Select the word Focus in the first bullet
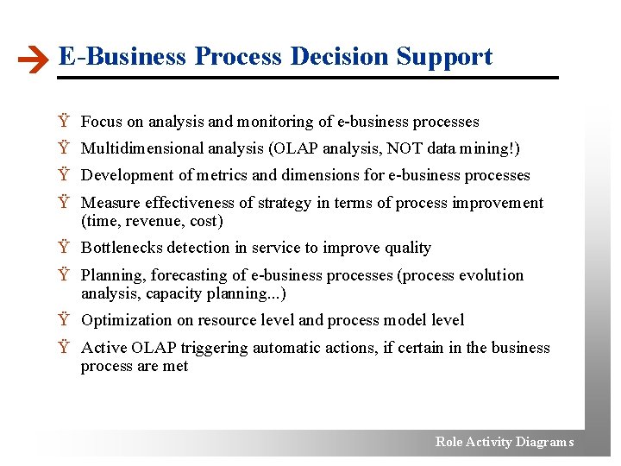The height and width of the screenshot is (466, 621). (102, 122)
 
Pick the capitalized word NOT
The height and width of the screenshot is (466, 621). (405, 148)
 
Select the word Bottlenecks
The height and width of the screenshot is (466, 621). (122, 248)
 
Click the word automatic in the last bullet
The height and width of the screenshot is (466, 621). (276, 348)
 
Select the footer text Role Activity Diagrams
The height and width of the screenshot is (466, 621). (504, 442)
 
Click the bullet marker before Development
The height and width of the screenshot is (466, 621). (64, 176)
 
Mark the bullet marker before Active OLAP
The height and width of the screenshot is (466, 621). (64, 349)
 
